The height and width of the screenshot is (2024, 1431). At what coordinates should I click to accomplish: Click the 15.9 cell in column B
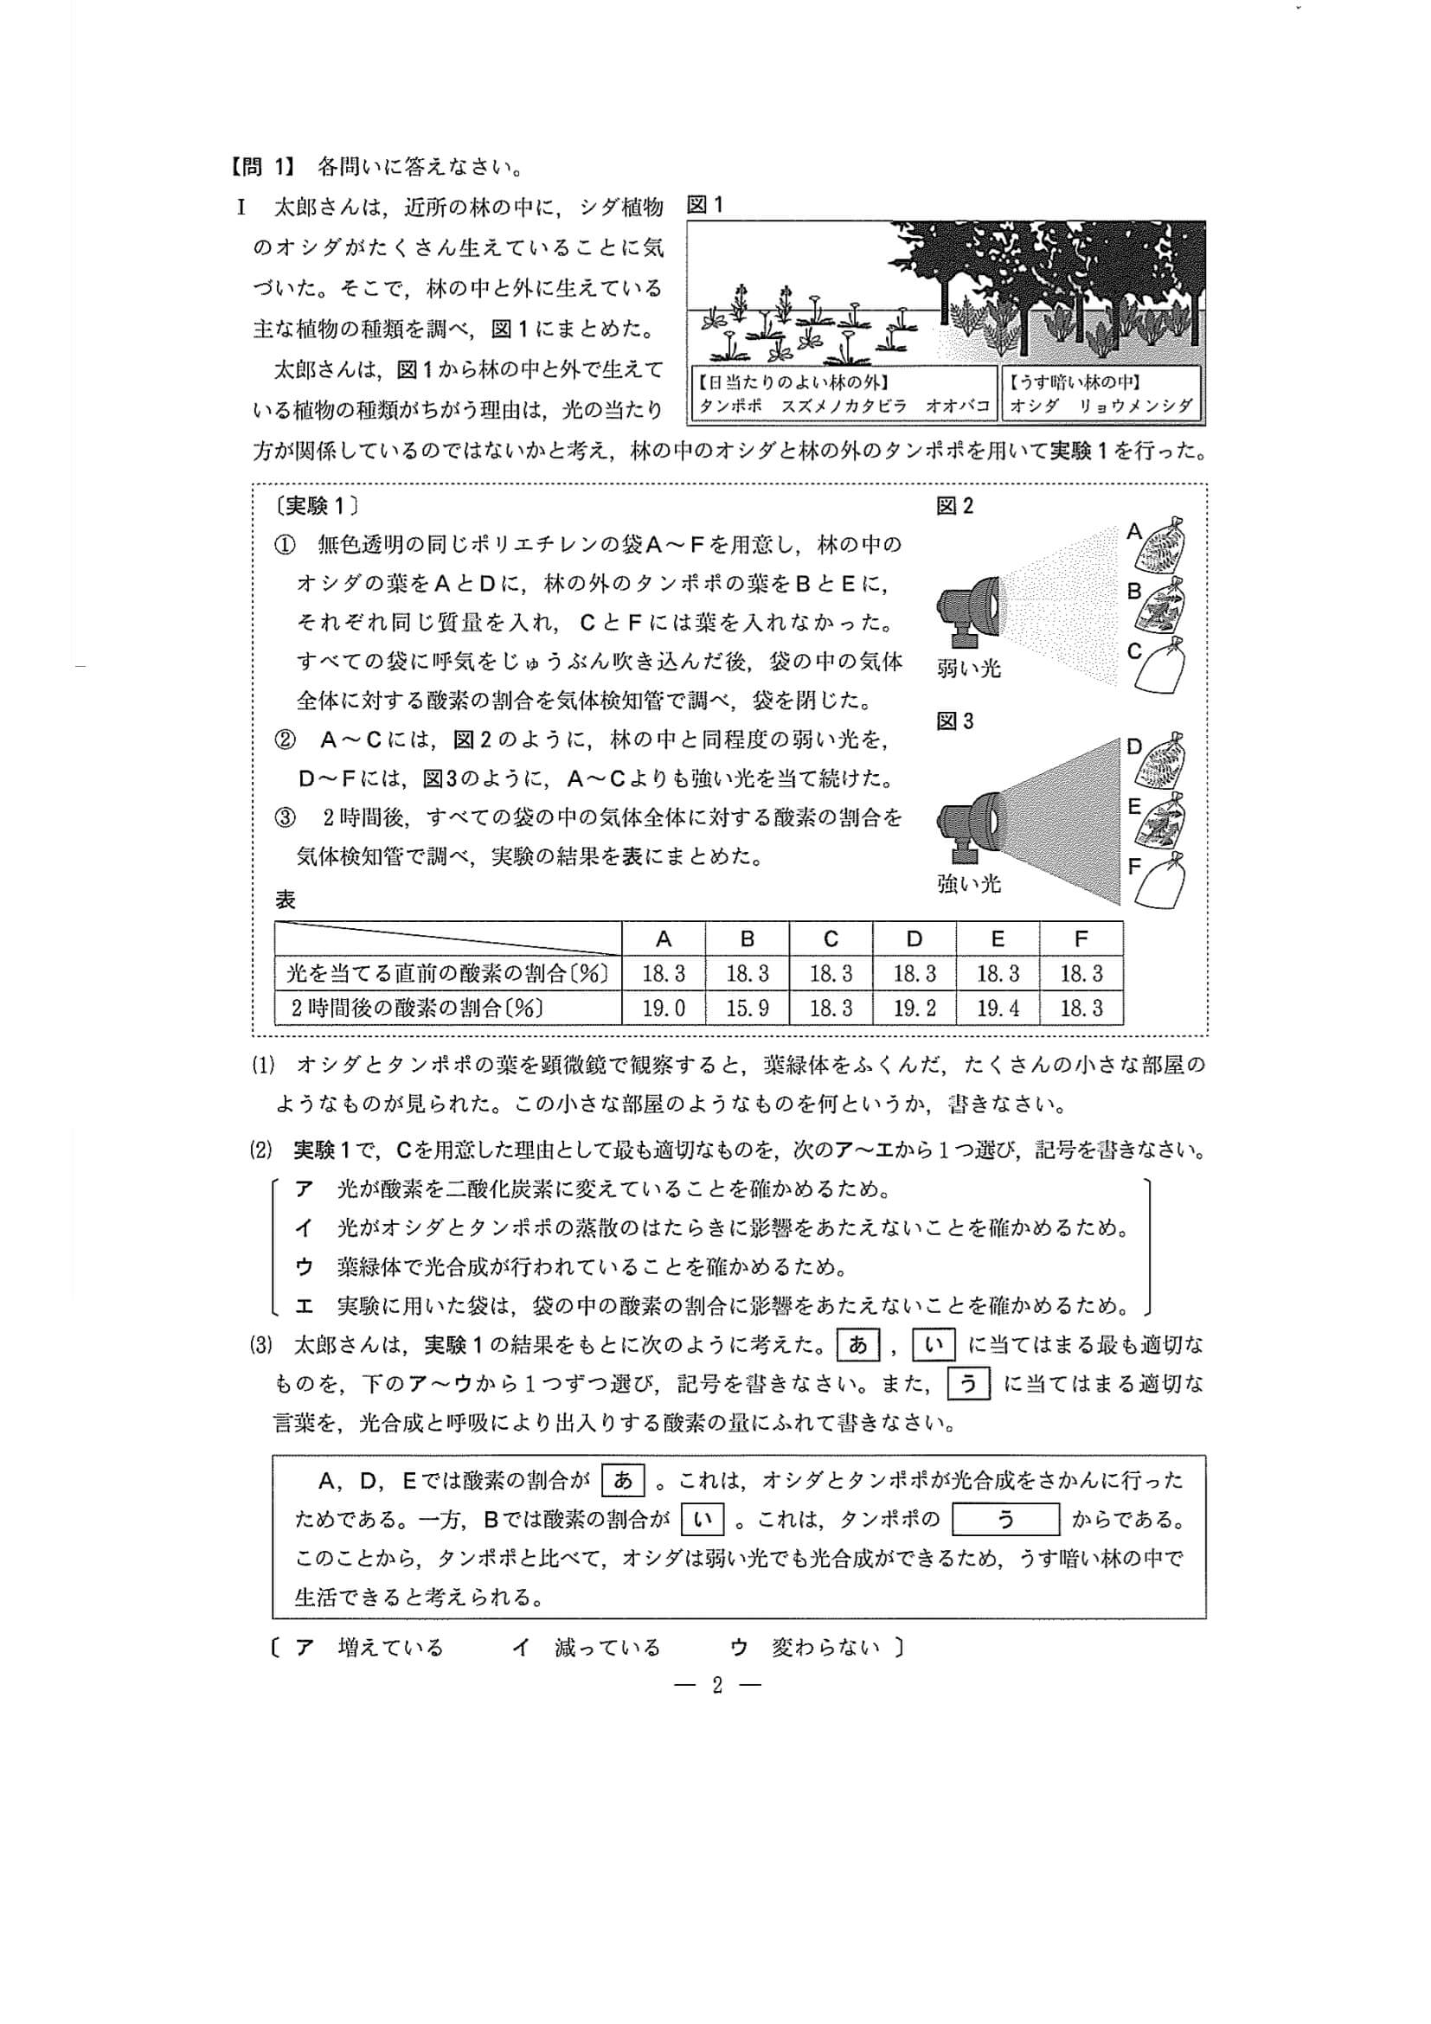click(x=747, y=1008)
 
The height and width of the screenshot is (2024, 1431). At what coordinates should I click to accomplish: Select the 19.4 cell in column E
click(x=998, y=1008)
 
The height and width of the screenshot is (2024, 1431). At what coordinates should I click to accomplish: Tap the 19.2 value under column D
click(x=914, y=1008)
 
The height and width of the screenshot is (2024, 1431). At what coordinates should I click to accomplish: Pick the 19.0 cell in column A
click(x=663, y=1008)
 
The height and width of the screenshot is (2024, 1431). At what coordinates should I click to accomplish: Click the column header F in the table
click(x=1081, y=938)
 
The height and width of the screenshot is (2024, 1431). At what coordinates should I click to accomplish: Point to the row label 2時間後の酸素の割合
click(x=416, y=1008)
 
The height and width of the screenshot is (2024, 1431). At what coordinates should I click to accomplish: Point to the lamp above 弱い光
click(x=968, y=611)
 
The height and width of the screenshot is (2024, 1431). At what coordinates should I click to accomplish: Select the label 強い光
click(x=969, y=883)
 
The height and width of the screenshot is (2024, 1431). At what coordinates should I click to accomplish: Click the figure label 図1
click(x=704, y=205)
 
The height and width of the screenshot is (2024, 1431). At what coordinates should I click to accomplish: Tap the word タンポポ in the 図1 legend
click(x=730, y=407)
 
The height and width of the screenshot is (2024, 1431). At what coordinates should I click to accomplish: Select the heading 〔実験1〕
click(x=317, y=506)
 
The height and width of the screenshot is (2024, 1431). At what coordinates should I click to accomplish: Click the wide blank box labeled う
click(x=1006, y=1519)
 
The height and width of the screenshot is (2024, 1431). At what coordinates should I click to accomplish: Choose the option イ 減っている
click(x=587, y=1648)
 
